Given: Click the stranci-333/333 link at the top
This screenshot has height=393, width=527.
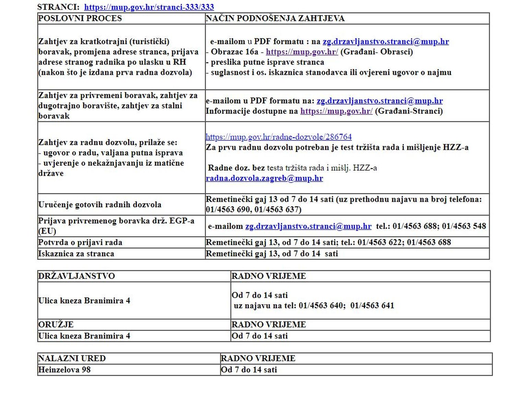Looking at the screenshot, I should point(149,7).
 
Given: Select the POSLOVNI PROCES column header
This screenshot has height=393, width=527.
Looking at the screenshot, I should point(80,18).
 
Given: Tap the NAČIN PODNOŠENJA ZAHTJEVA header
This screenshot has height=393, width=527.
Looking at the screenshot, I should point(275,18).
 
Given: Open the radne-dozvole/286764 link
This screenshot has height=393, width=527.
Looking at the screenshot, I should point(279,137).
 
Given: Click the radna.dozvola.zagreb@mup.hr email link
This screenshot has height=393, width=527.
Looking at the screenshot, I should point(264,178).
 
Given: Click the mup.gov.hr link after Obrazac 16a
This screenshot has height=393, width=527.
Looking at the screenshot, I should point(302,52).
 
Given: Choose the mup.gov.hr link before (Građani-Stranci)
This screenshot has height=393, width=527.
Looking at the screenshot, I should point(336,111).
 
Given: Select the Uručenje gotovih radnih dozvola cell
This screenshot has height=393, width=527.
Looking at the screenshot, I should point(99,205).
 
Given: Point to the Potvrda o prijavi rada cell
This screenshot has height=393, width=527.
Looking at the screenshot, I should point(80,242).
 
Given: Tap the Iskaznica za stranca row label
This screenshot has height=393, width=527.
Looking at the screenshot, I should point(76,254).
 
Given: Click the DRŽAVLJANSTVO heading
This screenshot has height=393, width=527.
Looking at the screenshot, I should point(77,276).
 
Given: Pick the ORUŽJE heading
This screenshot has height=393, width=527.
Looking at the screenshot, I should point(56,325).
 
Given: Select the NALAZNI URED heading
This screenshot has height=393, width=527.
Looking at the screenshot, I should point(72,358).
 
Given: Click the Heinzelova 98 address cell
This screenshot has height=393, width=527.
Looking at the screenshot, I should point(64,370).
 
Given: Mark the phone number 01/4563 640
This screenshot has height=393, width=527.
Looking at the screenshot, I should point(320,305).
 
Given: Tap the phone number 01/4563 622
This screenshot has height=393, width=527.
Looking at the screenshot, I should point(379,242).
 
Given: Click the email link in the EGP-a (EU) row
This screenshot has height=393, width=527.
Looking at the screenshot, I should point(308,226).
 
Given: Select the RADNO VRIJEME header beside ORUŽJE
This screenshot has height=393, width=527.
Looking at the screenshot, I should point(269,325).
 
